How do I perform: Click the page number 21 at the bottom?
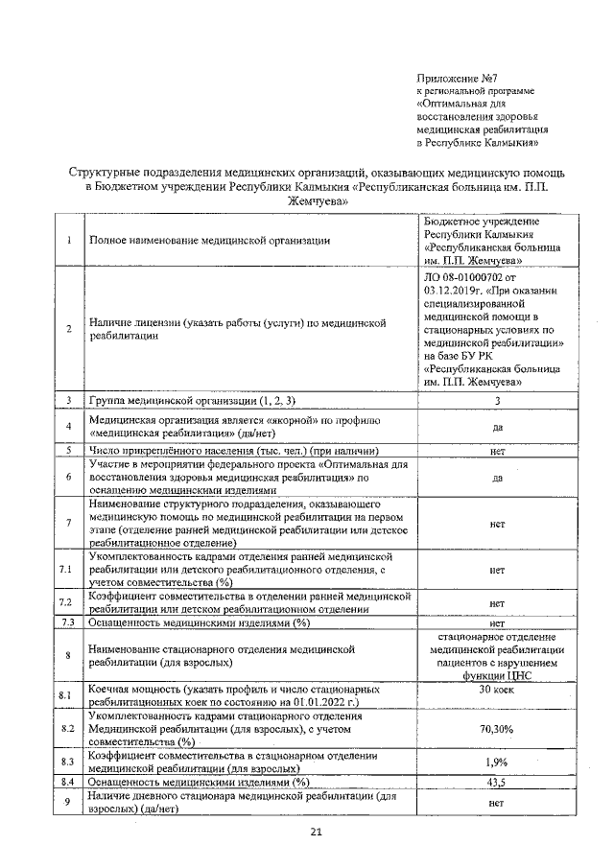[x=316, y=832]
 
